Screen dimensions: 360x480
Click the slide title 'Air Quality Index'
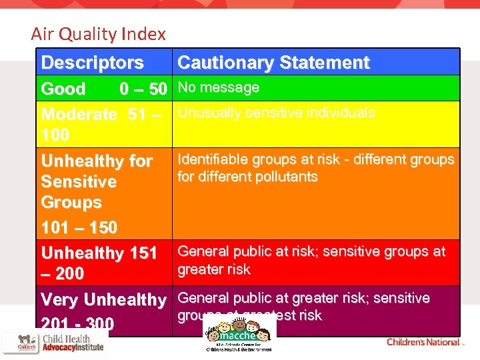98,34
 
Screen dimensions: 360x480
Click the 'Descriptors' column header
92,63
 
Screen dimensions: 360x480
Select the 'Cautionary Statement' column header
273,63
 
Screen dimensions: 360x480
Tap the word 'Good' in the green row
63,89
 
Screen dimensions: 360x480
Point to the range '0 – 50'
143,89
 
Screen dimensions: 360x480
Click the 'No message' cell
218,87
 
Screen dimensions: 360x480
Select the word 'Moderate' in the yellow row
79,114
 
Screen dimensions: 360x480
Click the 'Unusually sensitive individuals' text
276,113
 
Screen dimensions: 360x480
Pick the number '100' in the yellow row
55,135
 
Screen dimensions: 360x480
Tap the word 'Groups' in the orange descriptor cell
71,202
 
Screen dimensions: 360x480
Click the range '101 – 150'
79,227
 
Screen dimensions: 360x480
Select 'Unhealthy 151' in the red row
99,253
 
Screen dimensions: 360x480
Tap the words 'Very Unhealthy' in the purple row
103,300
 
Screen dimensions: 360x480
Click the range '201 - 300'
77,324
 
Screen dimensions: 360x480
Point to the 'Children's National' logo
423,342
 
